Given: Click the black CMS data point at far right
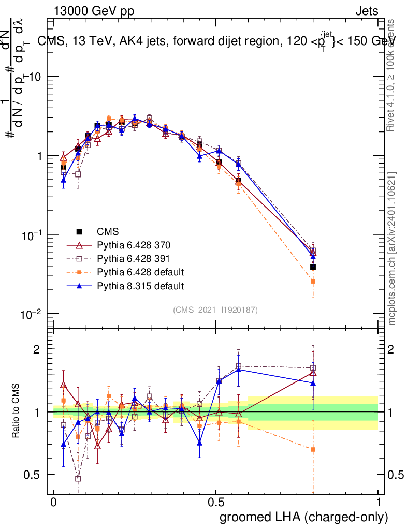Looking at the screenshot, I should [x=313, y=267].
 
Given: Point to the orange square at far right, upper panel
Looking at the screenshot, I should [x=313, y=281].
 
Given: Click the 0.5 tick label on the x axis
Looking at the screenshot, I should [x=216, y=503].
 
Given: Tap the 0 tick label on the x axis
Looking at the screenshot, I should [x=54, y=503].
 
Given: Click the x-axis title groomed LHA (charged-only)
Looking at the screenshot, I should [x=304, y=517].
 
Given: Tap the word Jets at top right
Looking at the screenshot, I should [x=367, y=11].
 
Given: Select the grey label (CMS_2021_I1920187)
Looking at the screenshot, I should [x=215, y=310].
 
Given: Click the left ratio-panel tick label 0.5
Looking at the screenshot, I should [x=32, y=475].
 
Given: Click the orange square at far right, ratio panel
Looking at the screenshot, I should [x=313, y=449].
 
